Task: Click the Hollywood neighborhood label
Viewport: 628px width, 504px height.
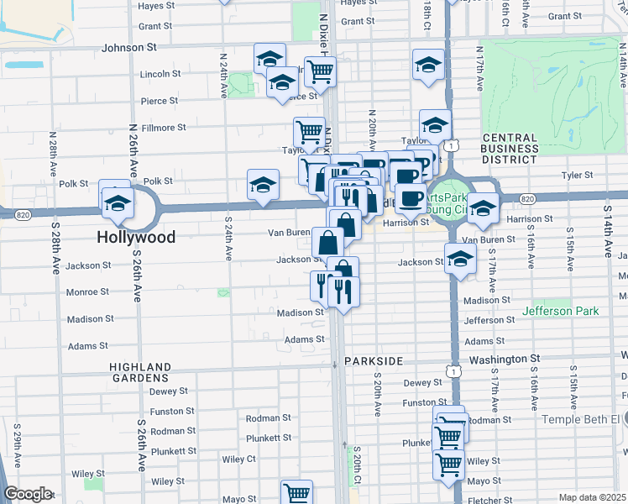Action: click(x=136, y=238)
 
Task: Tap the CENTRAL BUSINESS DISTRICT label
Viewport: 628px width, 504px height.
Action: click(x=510, y=148)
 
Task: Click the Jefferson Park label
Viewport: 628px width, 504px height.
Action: click(x=561, y=311)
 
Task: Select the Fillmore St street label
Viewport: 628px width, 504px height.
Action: click(x=163, y=128)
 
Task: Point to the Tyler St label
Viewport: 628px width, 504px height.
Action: click(x=577, y=176)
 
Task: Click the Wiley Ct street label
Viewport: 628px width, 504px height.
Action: click(x=239, y=459)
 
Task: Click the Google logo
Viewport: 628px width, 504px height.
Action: click(x=27, y=494)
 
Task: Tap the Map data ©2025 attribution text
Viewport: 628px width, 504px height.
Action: click(x=591, y=497)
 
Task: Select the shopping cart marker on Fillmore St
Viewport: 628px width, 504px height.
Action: click(x=309, y=131)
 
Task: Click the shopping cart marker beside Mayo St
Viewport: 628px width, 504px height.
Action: click(x=297, y=492)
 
